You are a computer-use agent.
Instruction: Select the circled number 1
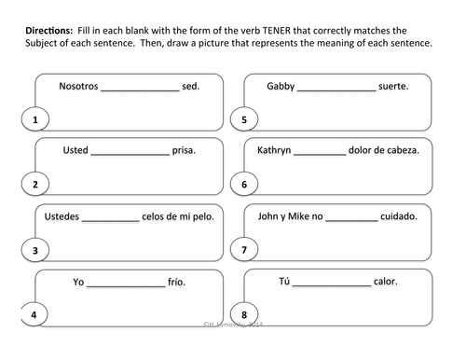click(34, 119)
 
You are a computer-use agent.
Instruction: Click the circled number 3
click(34, 250)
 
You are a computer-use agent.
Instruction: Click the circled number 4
click(34, 315)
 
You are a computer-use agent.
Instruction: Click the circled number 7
click(243, 250)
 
